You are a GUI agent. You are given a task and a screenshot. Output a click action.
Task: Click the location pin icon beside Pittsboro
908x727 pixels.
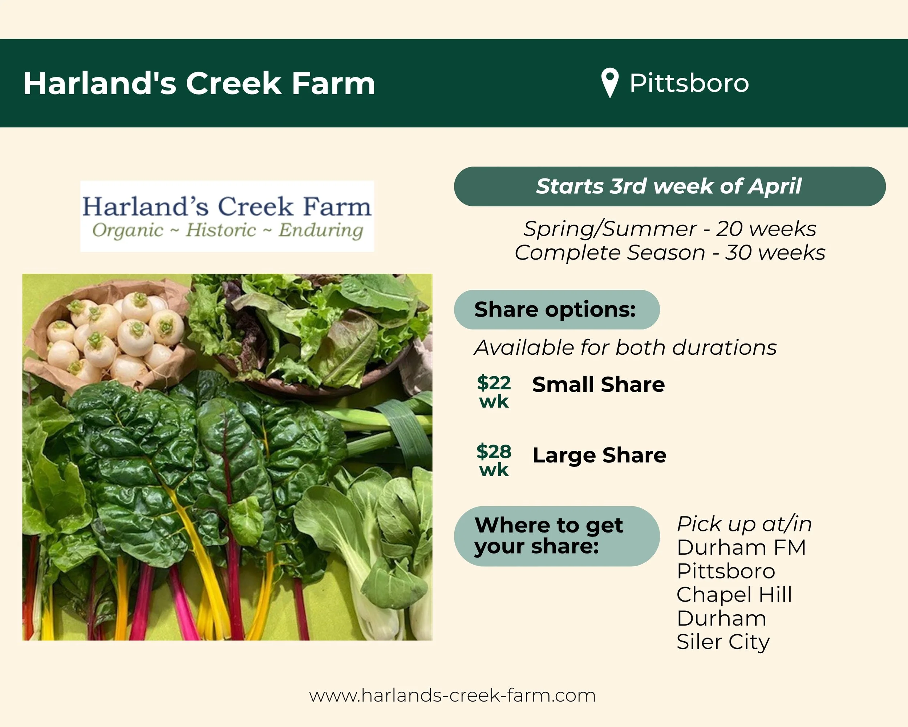point(609,82)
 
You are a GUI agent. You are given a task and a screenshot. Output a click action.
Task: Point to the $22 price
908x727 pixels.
point(494,383)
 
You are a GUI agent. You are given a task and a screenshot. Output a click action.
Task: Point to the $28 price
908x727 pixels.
point(494,451)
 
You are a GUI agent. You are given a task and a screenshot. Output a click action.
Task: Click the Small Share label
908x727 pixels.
point(598,384)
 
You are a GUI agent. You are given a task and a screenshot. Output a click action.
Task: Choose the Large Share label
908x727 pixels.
point(599,455)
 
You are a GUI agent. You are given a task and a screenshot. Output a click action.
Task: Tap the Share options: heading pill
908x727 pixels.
point(556,310)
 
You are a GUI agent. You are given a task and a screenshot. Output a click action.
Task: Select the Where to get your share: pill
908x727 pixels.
point(556,536)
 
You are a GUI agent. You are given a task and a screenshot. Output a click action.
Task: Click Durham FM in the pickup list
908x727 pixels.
point(741,547)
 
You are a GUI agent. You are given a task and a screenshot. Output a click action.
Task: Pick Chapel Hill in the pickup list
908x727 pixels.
point(734,595)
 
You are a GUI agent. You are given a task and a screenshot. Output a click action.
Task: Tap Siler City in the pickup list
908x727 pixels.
point(723,642)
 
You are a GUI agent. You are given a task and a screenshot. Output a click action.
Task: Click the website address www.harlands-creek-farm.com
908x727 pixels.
point(452,695)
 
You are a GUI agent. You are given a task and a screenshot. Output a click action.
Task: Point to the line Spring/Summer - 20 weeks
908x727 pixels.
point(669,229)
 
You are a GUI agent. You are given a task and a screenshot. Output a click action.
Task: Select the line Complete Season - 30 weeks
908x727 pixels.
point(669,253)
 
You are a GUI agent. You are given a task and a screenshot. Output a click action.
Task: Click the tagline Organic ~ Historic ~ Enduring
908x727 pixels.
point(227,230)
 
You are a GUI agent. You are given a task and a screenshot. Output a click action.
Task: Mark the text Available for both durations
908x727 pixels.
point(625,348)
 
